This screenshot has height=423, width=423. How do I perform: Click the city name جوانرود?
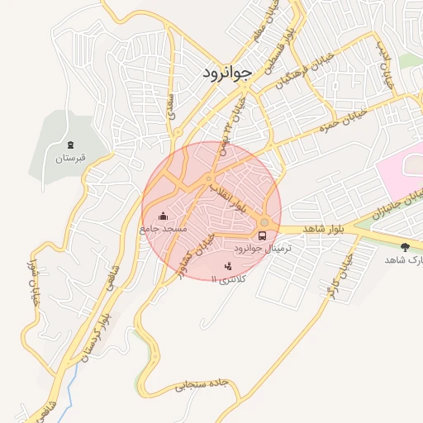(225, 74)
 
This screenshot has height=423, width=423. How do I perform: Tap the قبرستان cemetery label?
(70, 157)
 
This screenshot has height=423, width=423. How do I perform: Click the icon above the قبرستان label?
(70, 144)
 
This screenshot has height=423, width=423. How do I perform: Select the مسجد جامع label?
(163, 227)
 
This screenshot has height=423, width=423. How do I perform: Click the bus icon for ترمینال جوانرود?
(263, 235)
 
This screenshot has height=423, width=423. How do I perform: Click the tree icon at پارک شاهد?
(405, 246)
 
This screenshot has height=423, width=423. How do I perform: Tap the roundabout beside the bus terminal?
(264, 222)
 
